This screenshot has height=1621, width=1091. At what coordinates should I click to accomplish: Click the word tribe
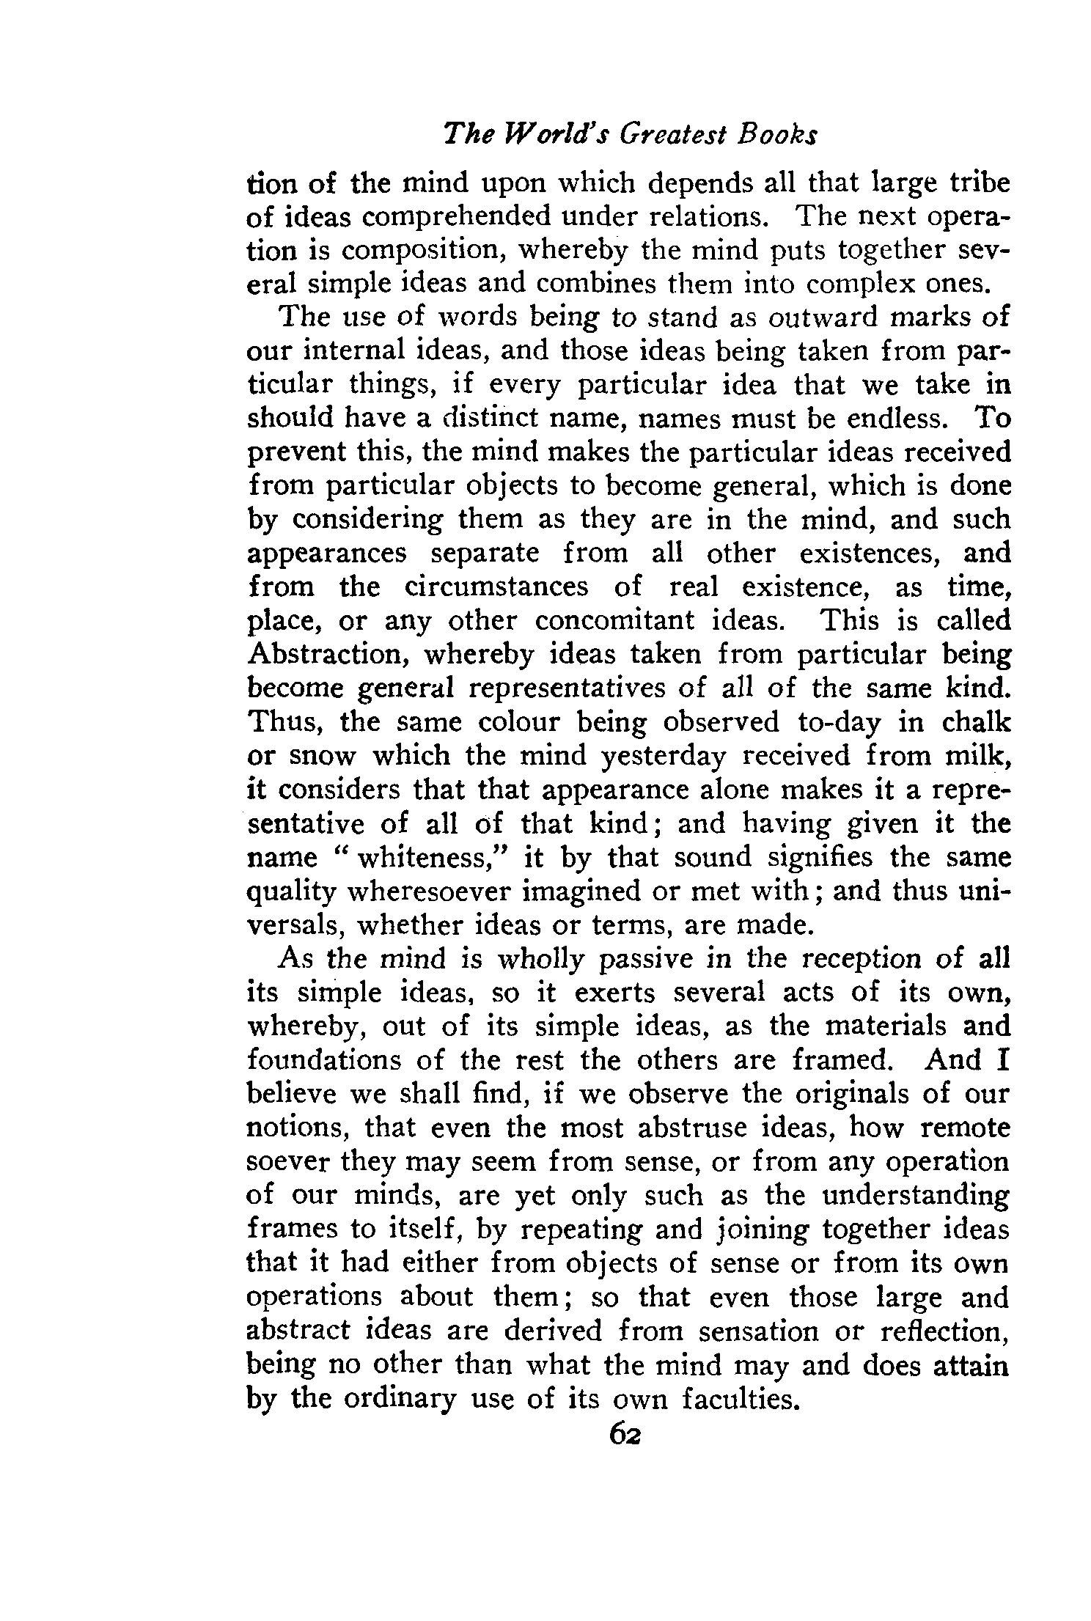click(974, 182)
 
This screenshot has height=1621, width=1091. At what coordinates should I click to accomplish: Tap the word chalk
click(974, 722)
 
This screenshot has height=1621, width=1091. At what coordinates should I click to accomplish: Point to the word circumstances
click(496, 587)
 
